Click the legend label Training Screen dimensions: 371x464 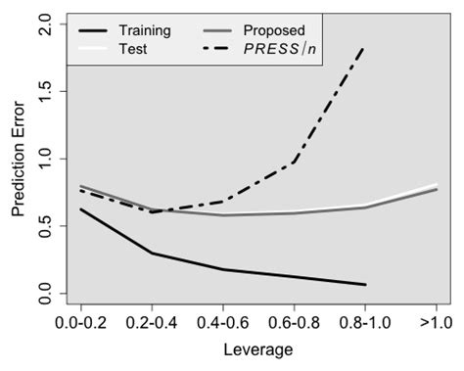[146, 30]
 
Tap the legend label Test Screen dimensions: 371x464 [134, 49]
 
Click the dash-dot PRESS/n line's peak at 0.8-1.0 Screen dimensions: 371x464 [365, 47]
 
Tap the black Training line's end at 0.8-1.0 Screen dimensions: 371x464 [365, 285]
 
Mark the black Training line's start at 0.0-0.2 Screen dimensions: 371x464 [79, 209]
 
